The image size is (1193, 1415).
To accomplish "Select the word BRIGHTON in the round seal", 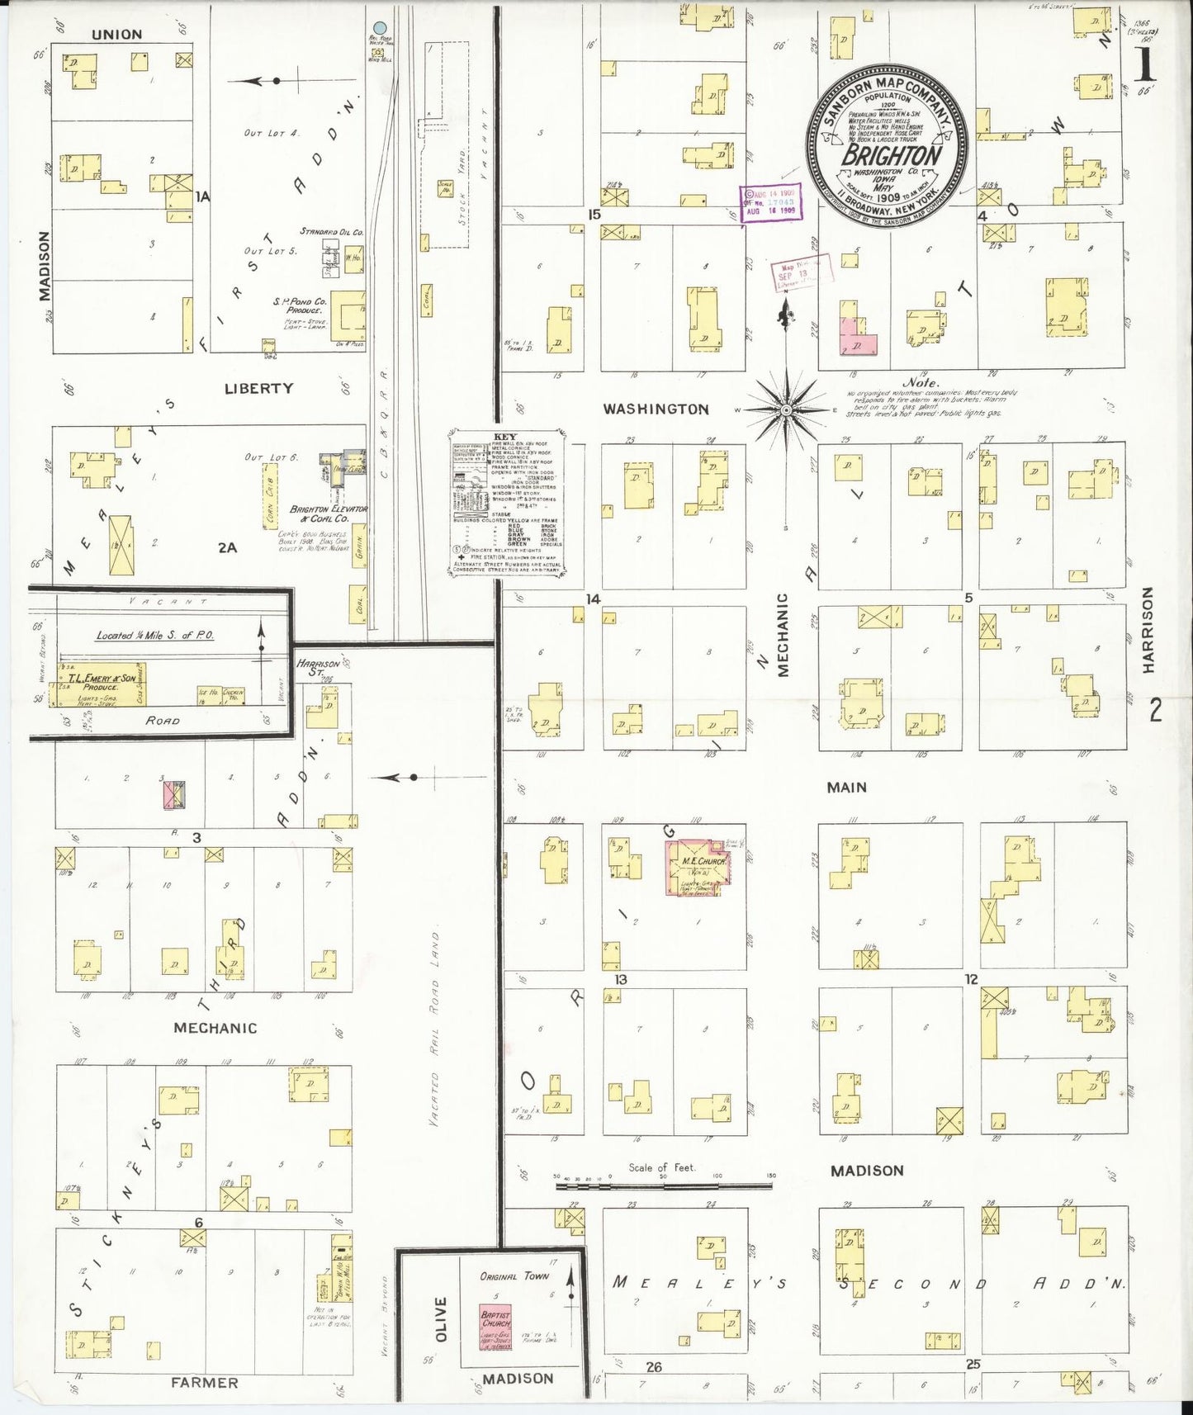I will pos(891,155).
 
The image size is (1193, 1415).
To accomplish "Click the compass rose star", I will pos(787,409).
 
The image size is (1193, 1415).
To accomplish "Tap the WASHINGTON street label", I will pos(656,409).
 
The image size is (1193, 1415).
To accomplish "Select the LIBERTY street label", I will pos(258,388).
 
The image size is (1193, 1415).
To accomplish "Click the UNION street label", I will pos(116,35).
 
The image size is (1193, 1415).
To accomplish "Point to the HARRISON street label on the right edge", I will pos(1148,630).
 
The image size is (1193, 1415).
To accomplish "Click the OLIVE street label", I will pos(440,1319).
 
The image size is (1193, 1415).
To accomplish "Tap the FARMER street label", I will pos(204,1382).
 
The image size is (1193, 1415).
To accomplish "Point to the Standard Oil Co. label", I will pos(332,232).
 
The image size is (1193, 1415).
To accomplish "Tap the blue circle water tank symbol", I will pos(380,28).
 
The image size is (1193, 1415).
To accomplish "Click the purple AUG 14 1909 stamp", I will pos(770,201).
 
